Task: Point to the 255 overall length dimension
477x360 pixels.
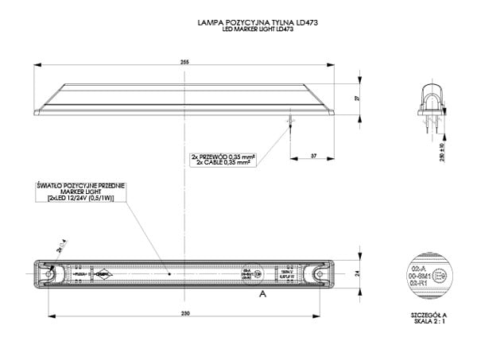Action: (185, 60)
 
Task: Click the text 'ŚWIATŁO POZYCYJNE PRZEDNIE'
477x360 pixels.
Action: (81, 184)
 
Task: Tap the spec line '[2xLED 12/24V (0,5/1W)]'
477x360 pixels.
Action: (81, 198)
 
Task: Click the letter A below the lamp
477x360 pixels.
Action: (262, 293)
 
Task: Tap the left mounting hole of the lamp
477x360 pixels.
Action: (50, 274)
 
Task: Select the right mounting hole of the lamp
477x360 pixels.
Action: (319, 274)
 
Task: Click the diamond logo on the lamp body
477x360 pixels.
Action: (103, 274)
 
